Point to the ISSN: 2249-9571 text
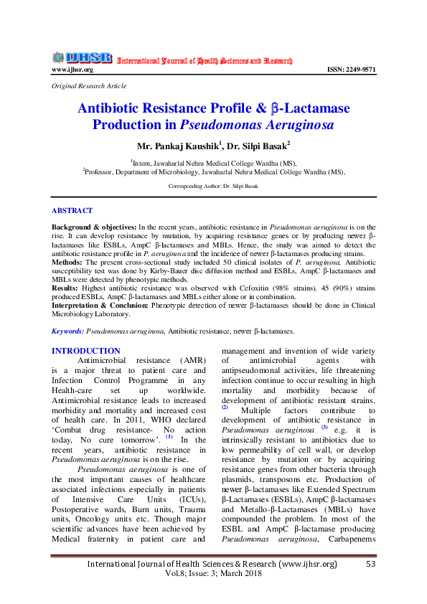tap(351, 70)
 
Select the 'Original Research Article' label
tap(89, 86)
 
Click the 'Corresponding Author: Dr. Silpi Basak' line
tap(213, 186)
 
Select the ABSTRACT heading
tap(72, 211)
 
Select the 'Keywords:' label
tap(67, 331)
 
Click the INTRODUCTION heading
tap(85, 351)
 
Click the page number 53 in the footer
tap(370, 565)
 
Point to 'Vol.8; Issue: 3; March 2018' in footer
tap(213, 573)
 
